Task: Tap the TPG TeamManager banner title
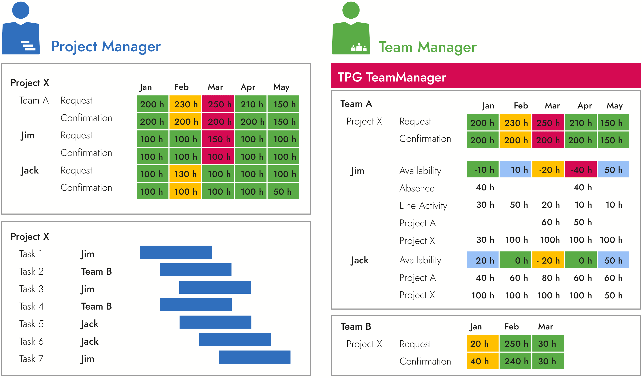392,77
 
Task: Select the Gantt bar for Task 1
176,252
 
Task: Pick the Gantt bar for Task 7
254,357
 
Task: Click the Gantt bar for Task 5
215,322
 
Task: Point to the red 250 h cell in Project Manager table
218,104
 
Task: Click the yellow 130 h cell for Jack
185,174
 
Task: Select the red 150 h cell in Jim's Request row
218,139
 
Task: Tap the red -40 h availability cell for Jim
580,169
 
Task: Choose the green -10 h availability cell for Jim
483,169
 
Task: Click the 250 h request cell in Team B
515,343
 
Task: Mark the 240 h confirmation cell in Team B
515,361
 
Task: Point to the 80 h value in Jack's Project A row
551,278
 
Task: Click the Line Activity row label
423,205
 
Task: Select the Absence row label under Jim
417,188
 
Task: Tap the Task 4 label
31,306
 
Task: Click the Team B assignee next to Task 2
96,271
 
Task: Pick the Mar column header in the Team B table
545,326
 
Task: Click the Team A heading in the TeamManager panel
356,104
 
